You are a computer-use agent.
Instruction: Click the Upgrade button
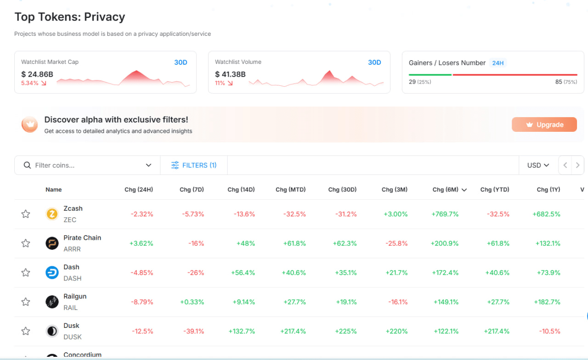[x=544, y=124]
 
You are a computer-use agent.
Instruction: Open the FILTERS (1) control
[x=194, y=165]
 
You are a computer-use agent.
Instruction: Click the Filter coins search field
[x=87, y=165]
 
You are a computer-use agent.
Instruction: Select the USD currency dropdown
[x=538, y=165]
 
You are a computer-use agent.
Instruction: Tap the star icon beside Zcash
[x=26, y=214]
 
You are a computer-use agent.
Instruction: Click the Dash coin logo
[x=52, y=273]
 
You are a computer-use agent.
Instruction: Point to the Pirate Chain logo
[x=52, y=243]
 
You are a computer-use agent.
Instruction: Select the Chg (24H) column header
[x=139, y=190]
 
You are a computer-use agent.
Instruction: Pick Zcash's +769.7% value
[x=445, y=214]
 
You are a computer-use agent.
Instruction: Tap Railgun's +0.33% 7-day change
[x=192, y=302]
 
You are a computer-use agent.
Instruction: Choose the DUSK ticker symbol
[x=73, y=337]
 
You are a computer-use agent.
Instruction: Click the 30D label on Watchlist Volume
[x=374, y=62]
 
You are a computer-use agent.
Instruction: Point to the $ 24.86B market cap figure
[x=37, y=74]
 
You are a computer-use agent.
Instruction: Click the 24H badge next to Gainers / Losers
[x=498, y=63]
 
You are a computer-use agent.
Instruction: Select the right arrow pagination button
[x=577, y=165]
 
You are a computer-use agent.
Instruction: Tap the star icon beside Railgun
[x=26, y=302]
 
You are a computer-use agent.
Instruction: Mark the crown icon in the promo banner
[x=30, y=124]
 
